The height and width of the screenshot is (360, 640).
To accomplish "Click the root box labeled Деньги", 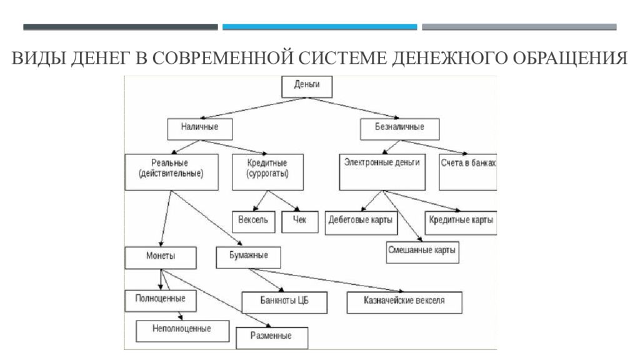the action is [x=307, y=86].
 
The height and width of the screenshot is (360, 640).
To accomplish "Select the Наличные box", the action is [x=200, y=129].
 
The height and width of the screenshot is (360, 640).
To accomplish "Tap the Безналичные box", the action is [x=400, y=129].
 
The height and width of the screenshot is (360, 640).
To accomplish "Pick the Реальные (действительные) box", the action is [x=171, y=172].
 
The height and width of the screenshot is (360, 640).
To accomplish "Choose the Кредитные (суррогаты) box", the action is [x=267, y=172].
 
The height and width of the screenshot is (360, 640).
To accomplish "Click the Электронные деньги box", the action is [x=382, y=172].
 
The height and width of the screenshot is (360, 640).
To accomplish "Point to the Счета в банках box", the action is [x=468, y=172].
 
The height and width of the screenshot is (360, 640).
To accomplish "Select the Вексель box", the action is [x=254, y=222].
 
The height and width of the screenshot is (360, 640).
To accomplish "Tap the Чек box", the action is [x=300, y=222].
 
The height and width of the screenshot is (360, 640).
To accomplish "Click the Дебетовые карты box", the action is [x=361, y=223].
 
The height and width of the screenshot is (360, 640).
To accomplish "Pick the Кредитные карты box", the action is [x=461, y=223].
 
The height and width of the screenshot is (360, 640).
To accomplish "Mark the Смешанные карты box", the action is [x=422, y=252].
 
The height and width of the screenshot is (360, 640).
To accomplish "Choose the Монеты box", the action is [x=161, y=257].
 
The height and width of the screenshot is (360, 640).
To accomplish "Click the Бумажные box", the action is [x=248, y=257].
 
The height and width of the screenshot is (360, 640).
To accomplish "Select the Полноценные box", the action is [x=161, y=301].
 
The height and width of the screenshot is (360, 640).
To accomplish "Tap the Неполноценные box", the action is [x=182, y=331].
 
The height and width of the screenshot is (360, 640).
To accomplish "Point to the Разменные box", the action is [x=272, y=338].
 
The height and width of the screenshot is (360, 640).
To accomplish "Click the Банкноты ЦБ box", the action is [x=284, y=302].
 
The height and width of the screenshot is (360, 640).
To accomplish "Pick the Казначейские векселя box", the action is [x=404, y=302].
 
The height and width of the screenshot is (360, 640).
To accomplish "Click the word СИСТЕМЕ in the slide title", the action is [x=343, y=58].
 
